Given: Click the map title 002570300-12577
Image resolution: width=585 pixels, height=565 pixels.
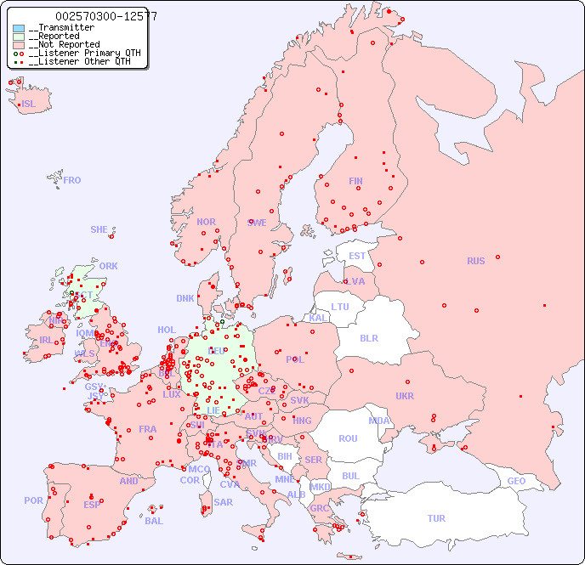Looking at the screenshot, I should click(105, 16).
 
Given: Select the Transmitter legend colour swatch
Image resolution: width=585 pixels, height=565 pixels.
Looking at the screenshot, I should click(19, 28).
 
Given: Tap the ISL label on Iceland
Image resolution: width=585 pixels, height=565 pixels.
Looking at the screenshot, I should click(29, 105).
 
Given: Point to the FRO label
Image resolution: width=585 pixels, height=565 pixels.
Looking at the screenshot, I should click(72, 180).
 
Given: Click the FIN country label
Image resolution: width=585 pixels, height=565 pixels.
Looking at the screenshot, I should click(355, 181).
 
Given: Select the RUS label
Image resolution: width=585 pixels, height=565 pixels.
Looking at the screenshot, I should click(475, 261).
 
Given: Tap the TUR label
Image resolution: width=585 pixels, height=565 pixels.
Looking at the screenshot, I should click(436, 518).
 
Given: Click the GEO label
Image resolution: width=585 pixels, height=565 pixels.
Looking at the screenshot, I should click(516, 481).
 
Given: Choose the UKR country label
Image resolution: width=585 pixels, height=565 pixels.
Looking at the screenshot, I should click(405, 396).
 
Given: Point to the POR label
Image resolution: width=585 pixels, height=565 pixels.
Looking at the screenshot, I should click(33, 500).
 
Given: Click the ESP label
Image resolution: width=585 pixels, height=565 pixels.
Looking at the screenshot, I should click(92, 504).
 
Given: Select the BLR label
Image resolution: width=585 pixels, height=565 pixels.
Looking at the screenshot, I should click(368, 337).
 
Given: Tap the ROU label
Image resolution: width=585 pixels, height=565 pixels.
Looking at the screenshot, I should click(348, 438).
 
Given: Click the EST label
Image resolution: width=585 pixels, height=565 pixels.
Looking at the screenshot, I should click(357, 256).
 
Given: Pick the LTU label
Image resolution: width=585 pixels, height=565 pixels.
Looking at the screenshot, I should click(340, 307).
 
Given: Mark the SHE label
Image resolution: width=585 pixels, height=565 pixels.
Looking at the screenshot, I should click(99, 229).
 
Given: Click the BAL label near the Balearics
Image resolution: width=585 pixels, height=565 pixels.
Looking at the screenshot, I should click(154, 521).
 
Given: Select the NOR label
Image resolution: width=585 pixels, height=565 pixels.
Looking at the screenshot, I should click(206, 222).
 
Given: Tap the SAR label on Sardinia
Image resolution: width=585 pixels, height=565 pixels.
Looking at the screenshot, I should click(223, 502).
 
